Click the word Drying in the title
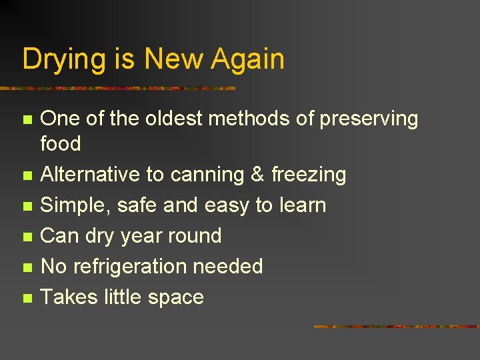[x=63, y=59]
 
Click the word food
[x=61, y=143]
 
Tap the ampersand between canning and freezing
[x=257, y=175]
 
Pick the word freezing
[x=309, y=175]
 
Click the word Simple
[x=76, y=205]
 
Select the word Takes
[x=69, y=297]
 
